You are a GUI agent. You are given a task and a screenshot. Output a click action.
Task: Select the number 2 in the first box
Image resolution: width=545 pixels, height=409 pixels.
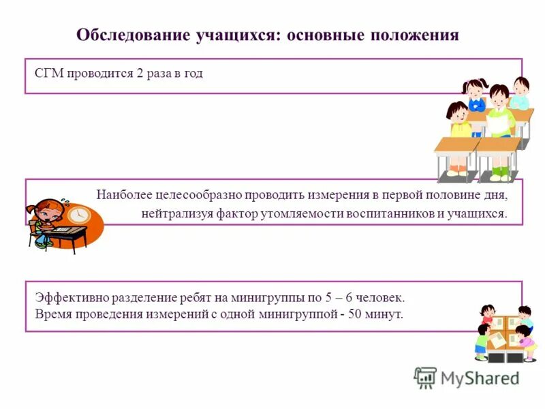tap(139, 74)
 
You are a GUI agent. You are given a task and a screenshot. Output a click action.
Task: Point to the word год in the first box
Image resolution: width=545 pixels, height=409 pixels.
tap(193, 74)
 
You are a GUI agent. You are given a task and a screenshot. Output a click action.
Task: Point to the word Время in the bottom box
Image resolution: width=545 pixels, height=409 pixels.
tap(50, 314)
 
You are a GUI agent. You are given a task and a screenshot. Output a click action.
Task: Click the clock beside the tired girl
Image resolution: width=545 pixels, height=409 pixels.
tap(78, 214)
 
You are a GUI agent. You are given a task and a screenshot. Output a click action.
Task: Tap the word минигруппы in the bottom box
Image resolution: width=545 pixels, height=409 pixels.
tap(264, 298)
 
